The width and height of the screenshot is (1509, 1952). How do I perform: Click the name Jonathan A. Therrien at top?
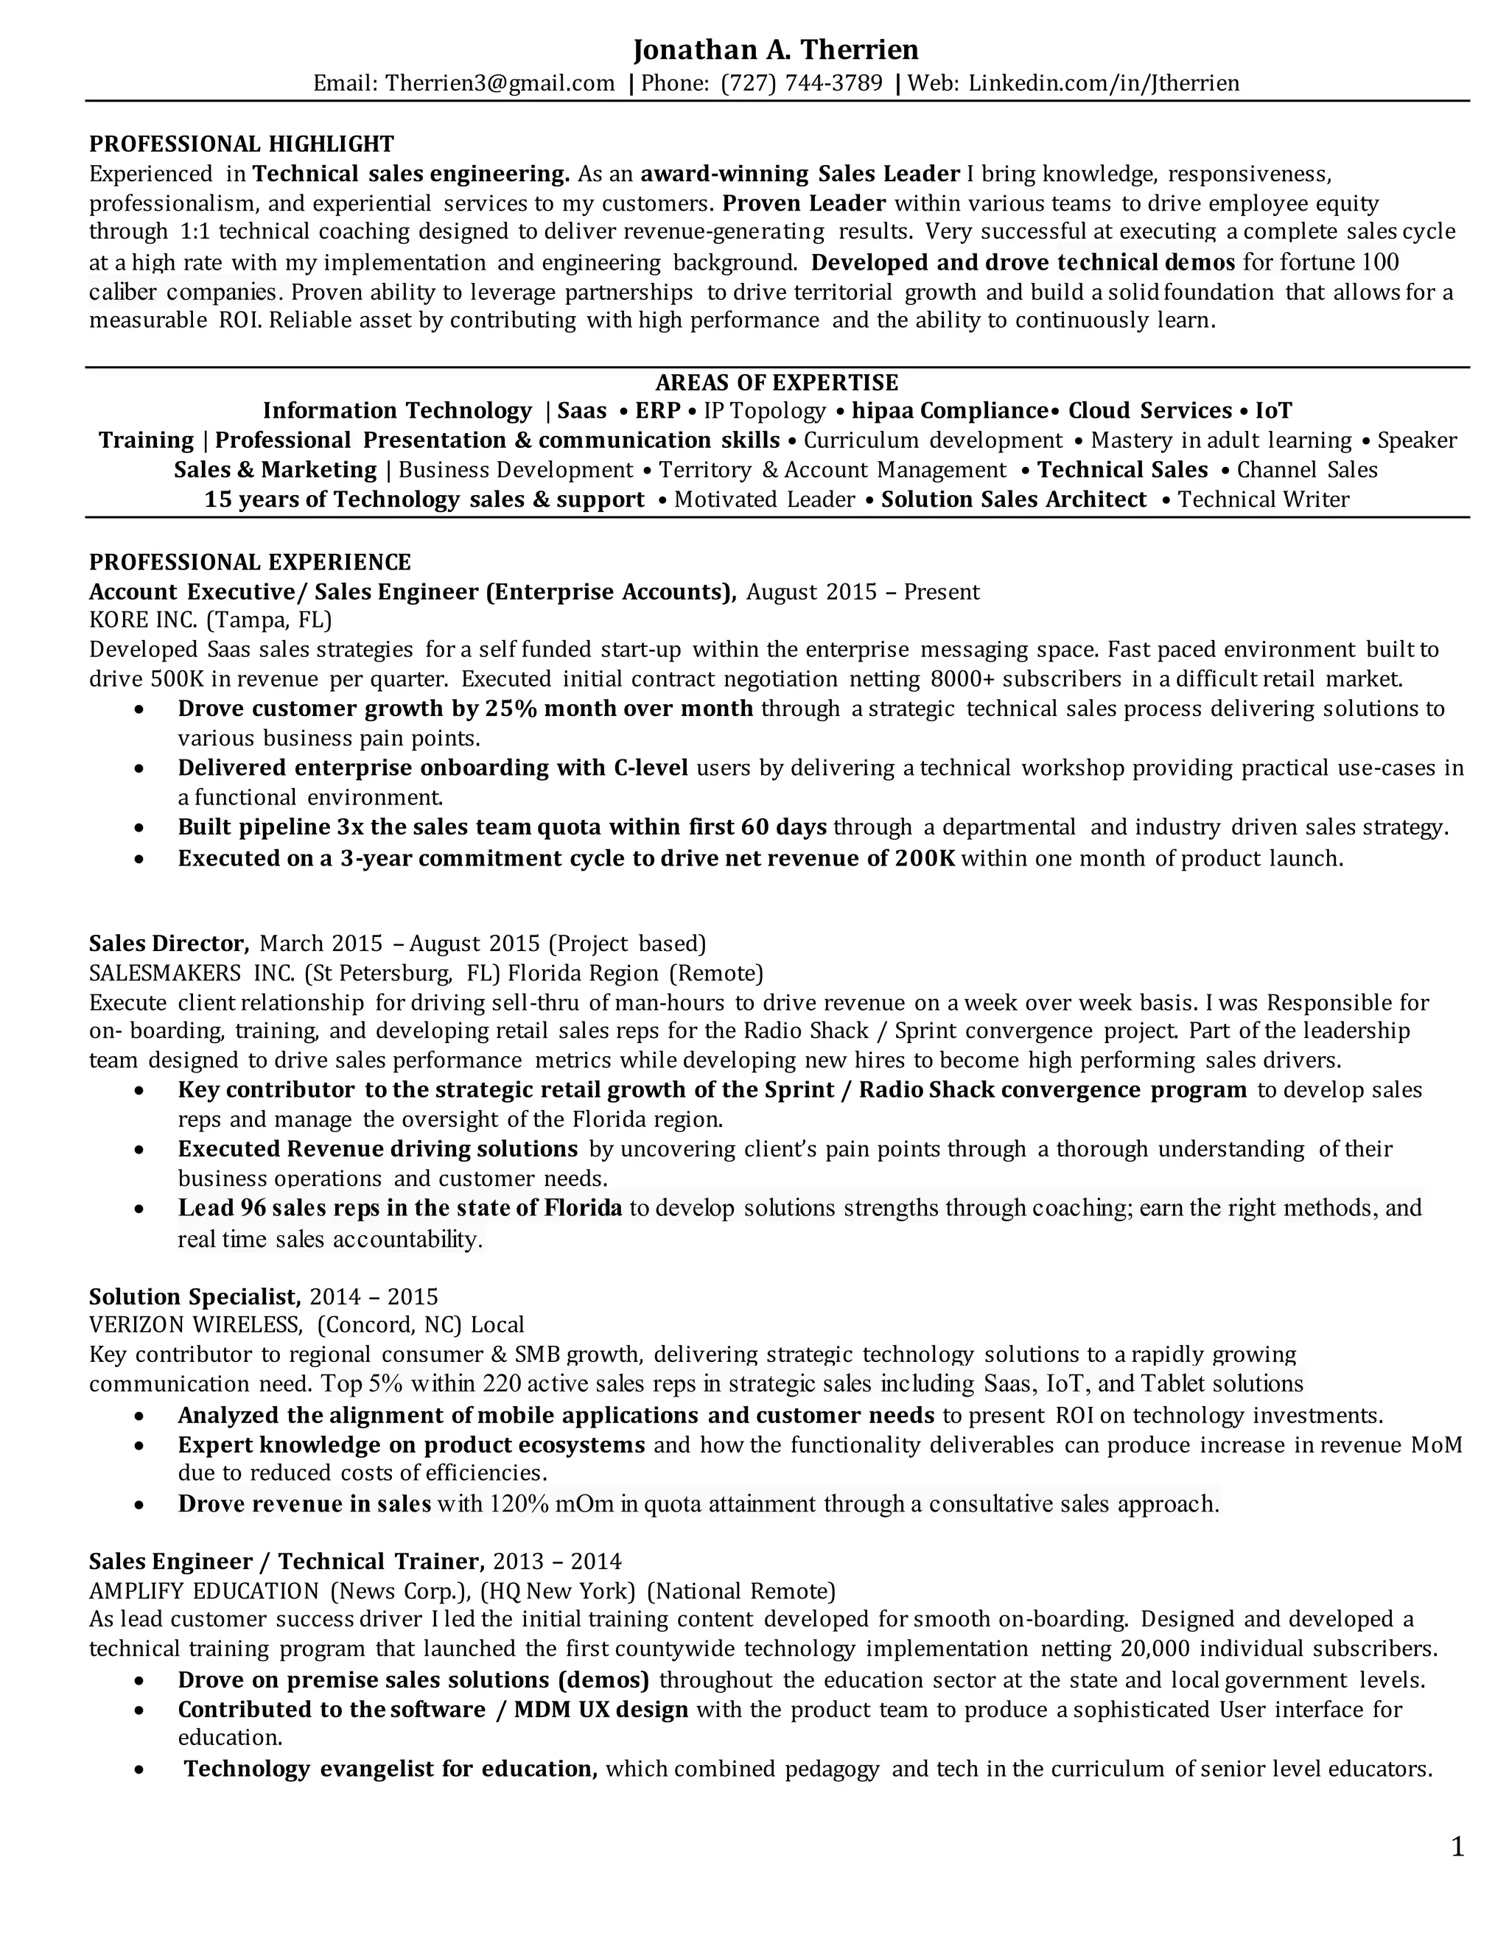(x=776, y=49)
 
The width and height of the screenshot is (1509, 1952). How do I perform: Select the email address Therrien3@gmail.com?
(x=500, y=83)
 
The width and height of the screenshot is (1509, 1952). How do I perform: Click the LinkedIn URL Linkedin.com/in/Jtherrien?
(x=1104, y=83)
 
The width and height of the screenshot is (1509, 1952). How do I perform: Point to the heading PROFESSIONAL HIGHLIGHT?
(x=242, y=144)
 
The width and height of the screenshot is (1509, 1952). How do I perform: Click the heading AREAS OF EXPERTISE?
(x=777, y=382)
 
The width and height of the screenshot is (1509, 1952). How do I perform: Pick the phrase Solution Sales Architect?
(x=1014, y=499)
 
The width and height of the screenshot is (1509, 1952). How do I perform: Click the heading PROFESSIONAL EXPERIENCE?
(x=251, y=562)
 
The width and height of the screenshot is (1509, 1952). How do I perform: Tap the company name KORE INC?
(x=143, y=620)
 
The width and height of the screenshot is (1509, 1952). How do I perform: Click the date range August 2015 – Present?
(x=863, y=591)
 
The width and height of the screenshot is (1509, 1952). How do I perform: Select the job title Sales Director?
(x=168, y=944)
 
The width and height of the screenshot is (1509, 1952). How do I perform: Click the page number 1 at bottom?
(x=1457, y=1847)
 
